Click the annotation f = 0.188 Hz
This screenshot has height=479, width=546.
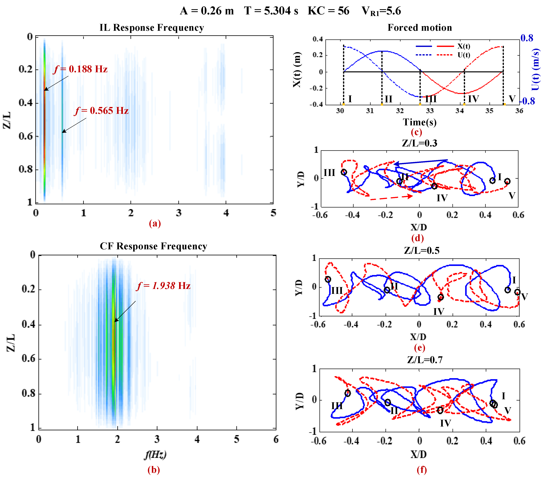click(x=80, y=69)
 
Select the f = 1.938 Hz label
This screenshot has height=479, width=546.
click(x=163, y=286)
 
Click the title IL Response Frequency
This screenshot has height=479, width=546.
click(x=152, y=28)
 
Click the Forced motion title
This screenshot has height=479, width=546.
click(x=420, y=28)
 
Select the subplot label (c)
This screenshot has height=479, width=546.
click(x=416, y=132)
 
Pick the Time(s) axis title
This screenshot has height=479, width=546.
click(x=420, y=122)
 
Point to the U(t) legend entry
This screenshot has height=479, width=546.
click(x=464, y=55)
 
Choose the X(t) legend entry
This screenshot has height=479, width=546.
click(x=464, y=46)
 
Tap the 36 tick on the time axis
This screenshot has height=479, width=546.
click(x=519, y=111)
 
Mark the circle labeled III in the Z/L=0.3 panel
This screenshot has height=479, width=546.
click(x=344, y=172)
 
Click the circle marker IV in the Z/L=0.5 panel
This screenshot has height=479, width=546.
click(x=441, y=297)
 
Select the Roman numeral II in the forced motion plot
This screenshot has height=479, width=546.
click(x=388, y=99)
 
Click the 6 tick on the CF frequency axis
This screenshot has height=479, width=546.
click(x=276, y=439)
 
